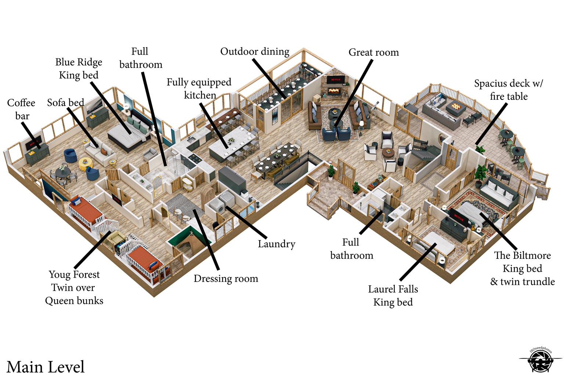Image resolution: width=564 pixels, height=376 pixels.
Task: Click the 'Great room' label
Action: (373, 53)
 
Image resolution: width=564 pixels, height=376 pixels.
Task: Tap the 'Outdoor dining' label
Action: (254, 51)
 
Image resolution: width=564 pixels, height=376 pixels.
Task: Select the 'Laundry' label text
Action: (276, 244)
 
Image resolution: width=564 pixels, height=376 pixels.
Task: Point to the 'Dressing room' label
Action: (226, 279)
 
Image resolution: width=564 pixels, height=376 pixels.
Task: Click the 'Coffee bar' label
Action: (21, 109)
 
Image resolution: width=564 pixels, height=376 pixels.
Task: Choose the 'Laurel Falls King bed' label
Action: (393, 296)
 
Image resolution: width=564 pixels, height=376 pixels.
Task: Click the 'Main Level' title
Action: (46, 367)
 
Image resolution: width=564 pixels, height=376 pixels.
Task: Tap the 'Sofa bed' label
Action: (65, 103)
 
